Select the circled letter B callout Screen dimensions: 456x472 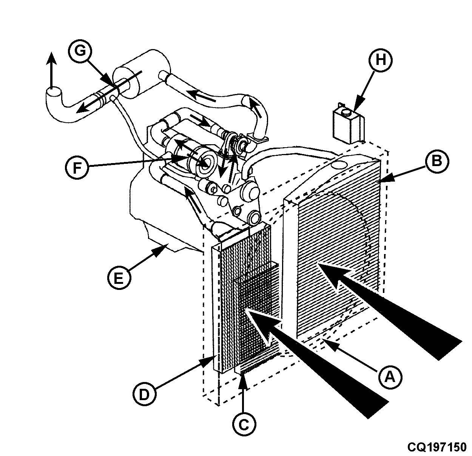[x=437, y=161]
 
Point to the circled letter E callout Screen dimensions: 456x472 [x=118, y=278]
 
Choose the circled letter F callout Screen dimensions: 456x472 [x=77, y=168]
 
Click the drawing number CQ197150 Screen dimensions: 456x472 [x=437, y=447]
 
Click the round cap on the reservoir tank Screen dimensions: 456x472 [x=347, y=112]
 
